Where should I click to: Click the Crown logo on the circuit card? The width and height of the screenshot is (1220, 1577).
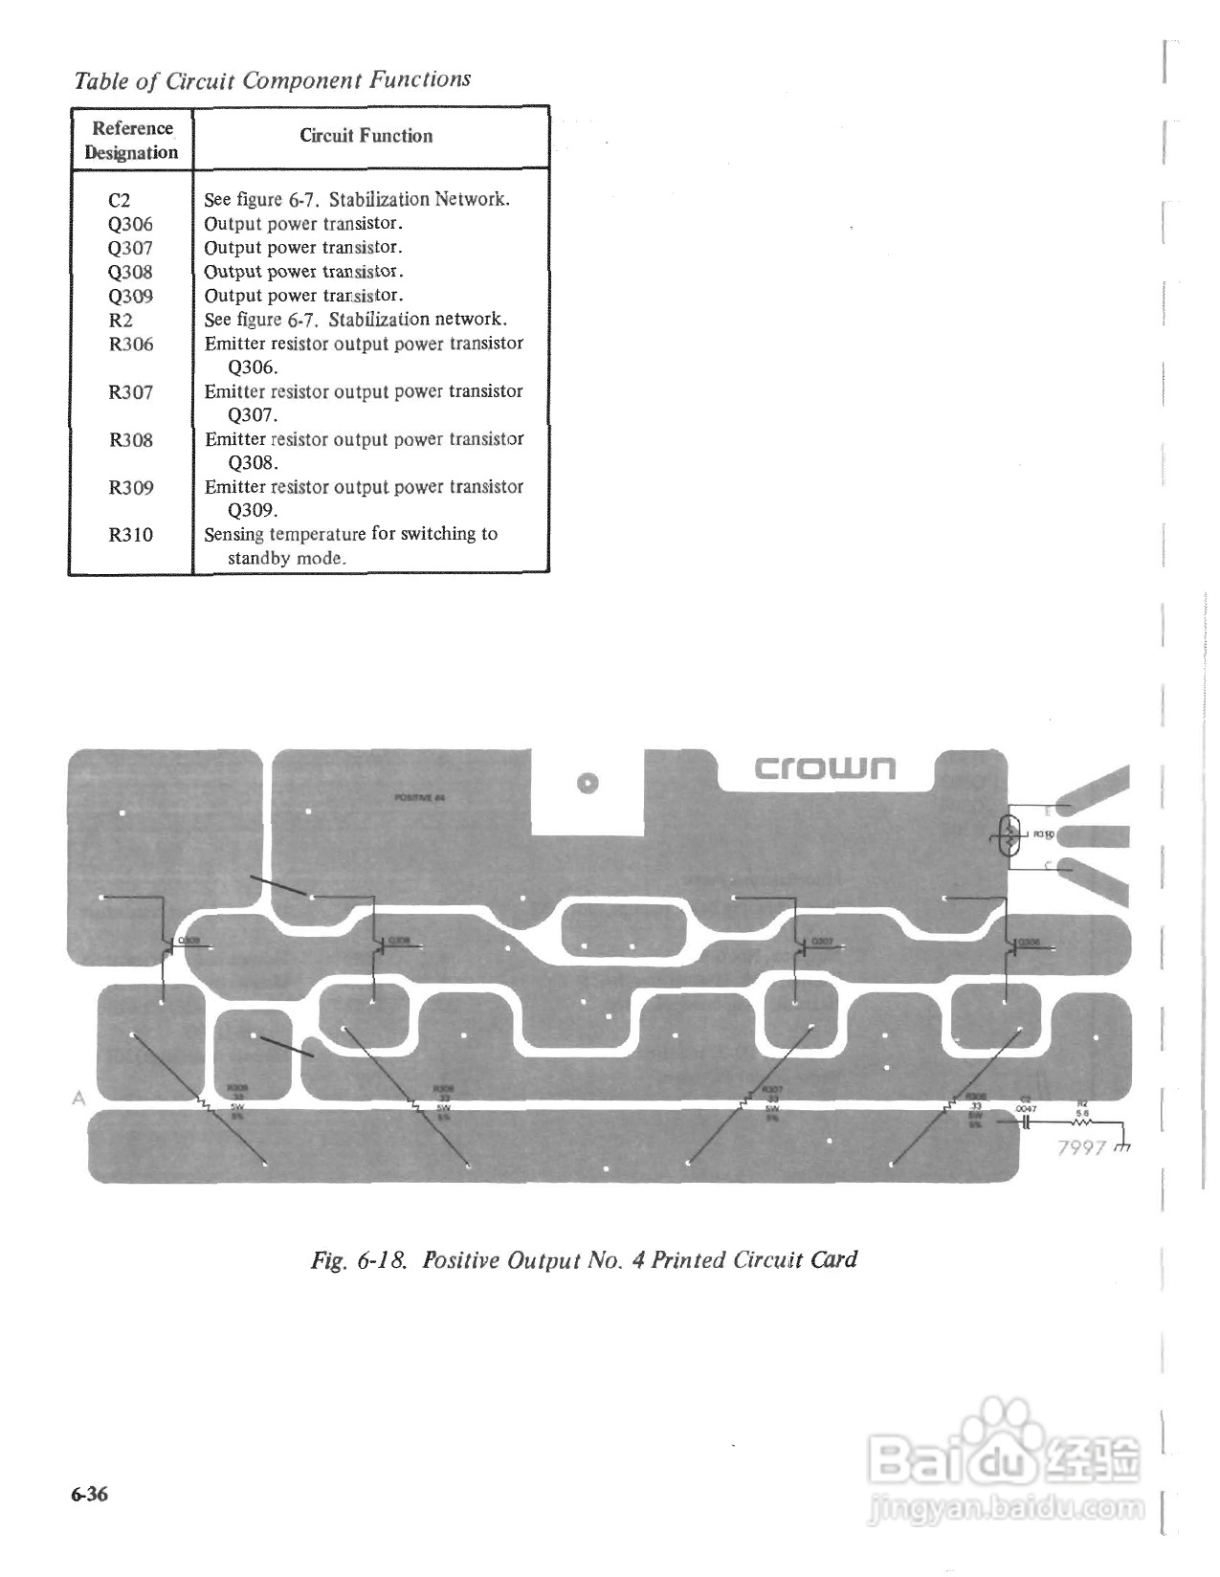click(825, 767)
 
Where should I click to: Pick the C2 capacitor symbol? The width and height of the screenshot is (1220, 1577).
click(1025, 1124)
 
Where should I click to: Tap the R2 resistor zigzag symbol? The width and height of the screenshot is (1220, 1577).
click(1082, 1124)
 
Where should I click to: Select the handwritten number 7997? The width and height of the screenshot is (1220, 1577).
click(1081, 1147)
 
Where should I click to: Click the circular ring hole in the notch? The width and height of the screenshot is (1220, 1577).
click(588, 783)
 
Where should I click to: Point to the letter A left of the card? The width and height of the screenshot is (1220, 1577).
click(79, 1099)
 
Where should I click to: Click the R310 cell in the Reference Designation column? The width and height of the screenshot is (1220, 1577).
click(130, 535)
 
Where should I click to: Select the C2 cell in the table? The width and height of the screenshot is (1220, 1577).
click(119, 200)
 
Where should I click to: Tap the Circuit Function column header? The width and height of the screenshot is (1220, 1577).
click(366, 136)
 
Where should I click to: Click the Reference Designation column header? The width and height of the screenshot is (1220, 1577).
click(131, 140)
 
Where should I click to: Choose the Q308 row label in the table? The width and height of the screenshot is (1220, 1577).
click(130, 272)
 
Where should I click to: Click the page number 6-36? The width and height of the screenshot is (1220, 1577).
click(88, 1495)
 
